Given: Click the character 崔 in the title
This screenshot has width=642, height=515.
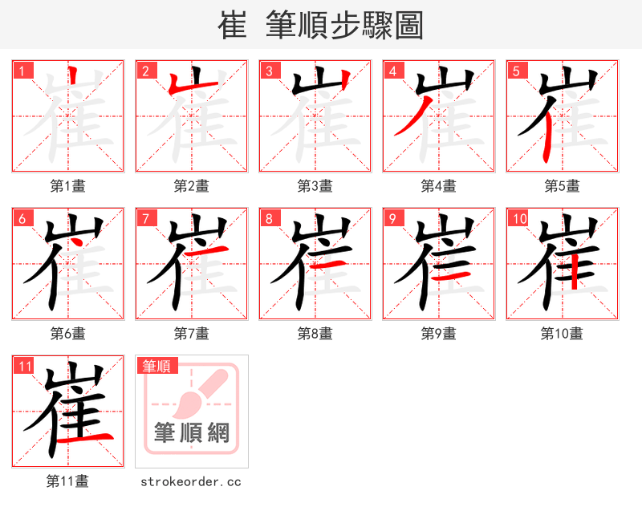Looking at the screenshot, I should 232,25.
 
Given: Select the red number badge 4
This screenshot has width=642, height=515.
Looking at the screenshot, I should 392,71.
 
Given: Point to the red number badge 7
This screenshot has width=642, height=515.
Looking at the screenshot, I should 145,218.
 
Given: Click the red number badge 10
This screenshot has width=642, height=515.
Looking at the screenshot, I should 519,218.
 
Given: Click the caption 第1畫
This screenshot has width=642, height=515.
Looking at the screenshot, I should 68,186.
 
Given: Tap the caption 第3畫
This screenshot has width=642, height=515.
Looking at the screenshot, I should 315,186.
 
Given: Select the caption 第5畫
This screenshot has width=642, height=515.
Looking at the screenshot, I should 563,186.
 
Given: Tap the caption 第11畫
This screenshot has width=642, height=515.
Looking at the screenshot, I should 68,481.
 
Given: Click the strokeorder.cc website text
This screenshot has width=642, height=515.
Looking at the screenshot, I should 191,481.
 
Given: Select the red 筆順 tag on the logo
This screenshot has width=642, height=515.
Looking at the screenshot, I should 156,367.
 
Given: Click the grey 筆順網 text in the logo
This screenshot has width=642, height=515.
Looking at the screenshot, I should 192,433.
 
